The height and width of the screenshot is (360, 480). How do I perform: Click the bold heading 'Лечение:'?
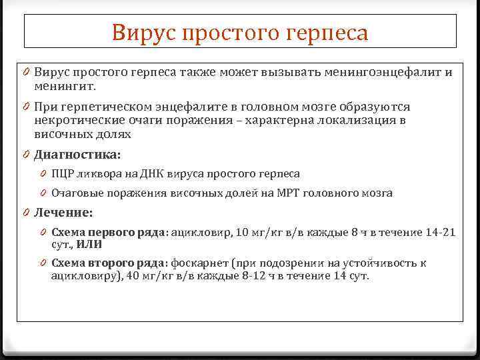(x=64, y=213)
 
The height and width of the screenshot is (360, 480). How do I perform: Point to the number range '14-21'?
(x=441, y=233)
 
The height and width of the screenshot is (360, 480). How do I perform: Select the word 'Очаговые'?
(x=74, y=193)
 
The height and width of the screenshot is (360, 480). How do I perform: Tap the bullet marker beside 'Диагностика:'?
(x=24, y=154)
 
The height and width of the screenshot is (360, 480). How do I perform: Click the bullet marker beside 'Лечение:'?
(x=24, y=213)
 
